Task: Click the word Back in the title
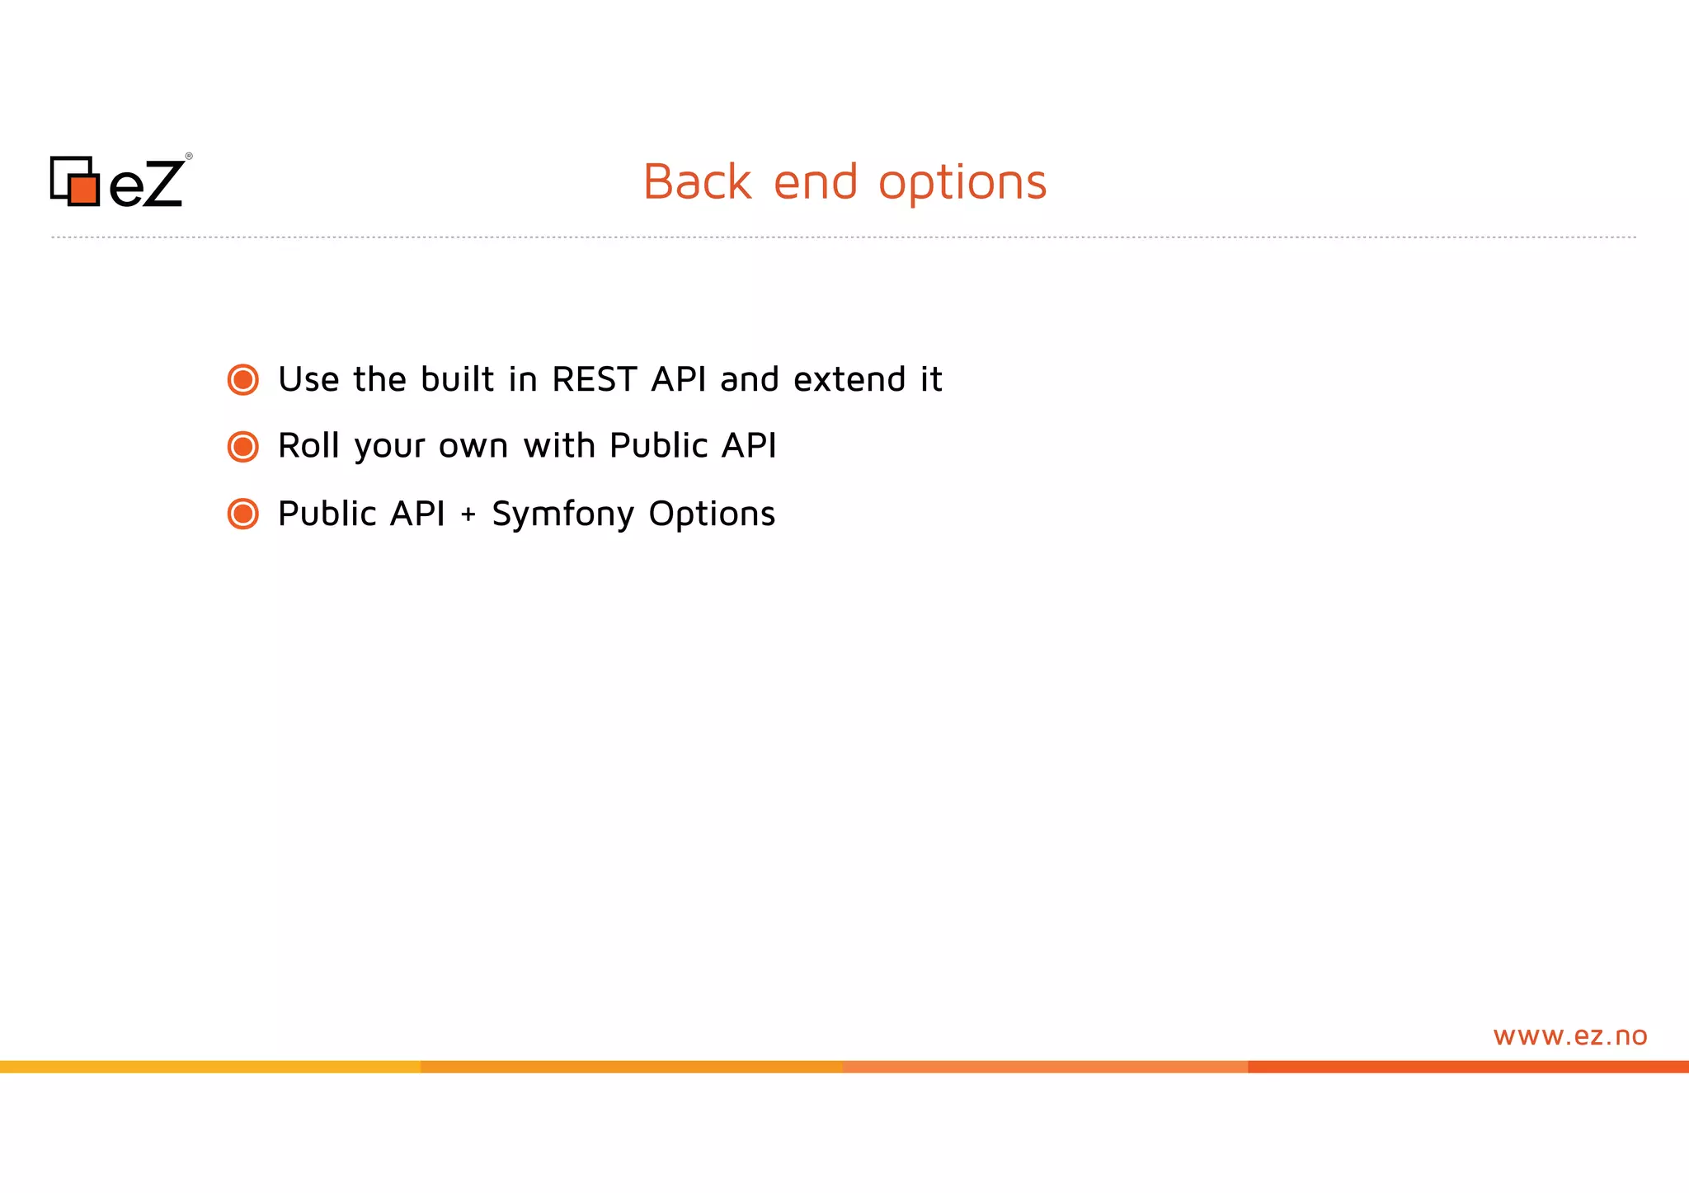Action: pyautogui.click(x=697, y=182)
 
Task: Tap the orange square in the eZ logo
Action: pyautogui.click(x=83, y=190)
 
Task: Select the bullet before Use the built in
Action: pyautogui.click(x=243, y=380)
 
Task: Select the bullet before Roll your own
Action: pyautogui.click(x=243, y=447)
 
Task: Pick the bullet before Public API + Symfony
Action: pyautogui.click(x=243, y=514)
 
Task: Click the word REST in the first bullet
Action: pyautogui.click(x=595, y=380)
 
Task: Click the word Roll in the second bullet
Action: pyautogui.click(x=308, y=446)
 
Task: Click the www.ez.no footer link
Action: pyautogui.click(x=1569, y=1036)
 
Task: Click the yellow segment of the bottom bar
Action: pyautogui.click(x=210, y=1067)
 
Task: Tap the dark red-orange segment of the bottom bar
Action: pyautogui.click(x=1468, y=1067)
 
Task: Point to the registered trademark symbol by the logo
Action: pyautogui.click(x=189, y=156)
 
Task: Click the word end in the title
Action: pyautogui.click(x=816, y=182)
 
